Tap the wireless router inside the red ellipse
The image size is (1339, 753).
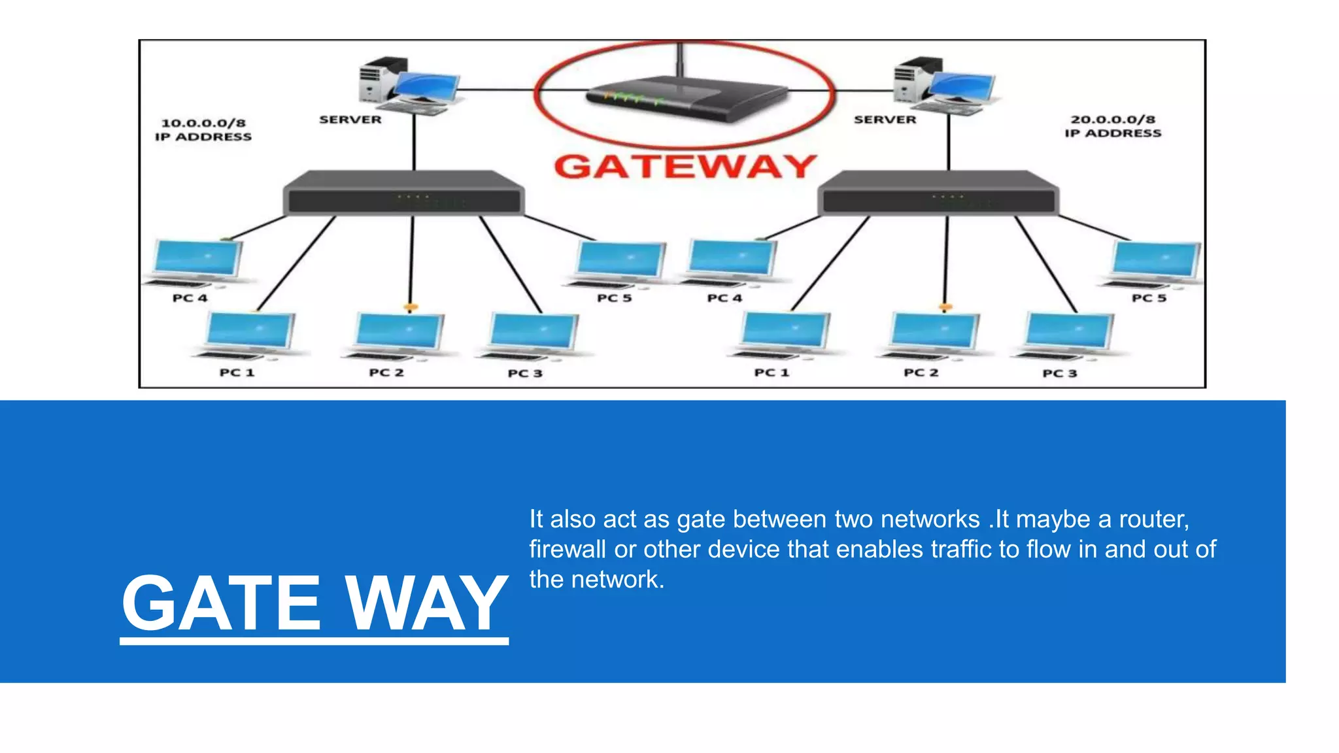686,98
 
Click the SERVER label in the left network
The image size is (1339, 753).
350,120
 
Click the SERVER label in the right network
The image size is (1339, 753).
885,120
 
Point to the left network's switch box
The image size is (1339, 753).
403,193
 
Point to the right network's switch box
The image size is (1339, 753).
938,193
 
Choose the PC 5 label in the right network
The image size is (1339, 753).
1149,298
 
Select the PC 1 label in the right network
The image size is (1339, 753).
771,373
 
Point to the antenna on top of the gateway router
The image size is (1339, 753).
680,59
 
